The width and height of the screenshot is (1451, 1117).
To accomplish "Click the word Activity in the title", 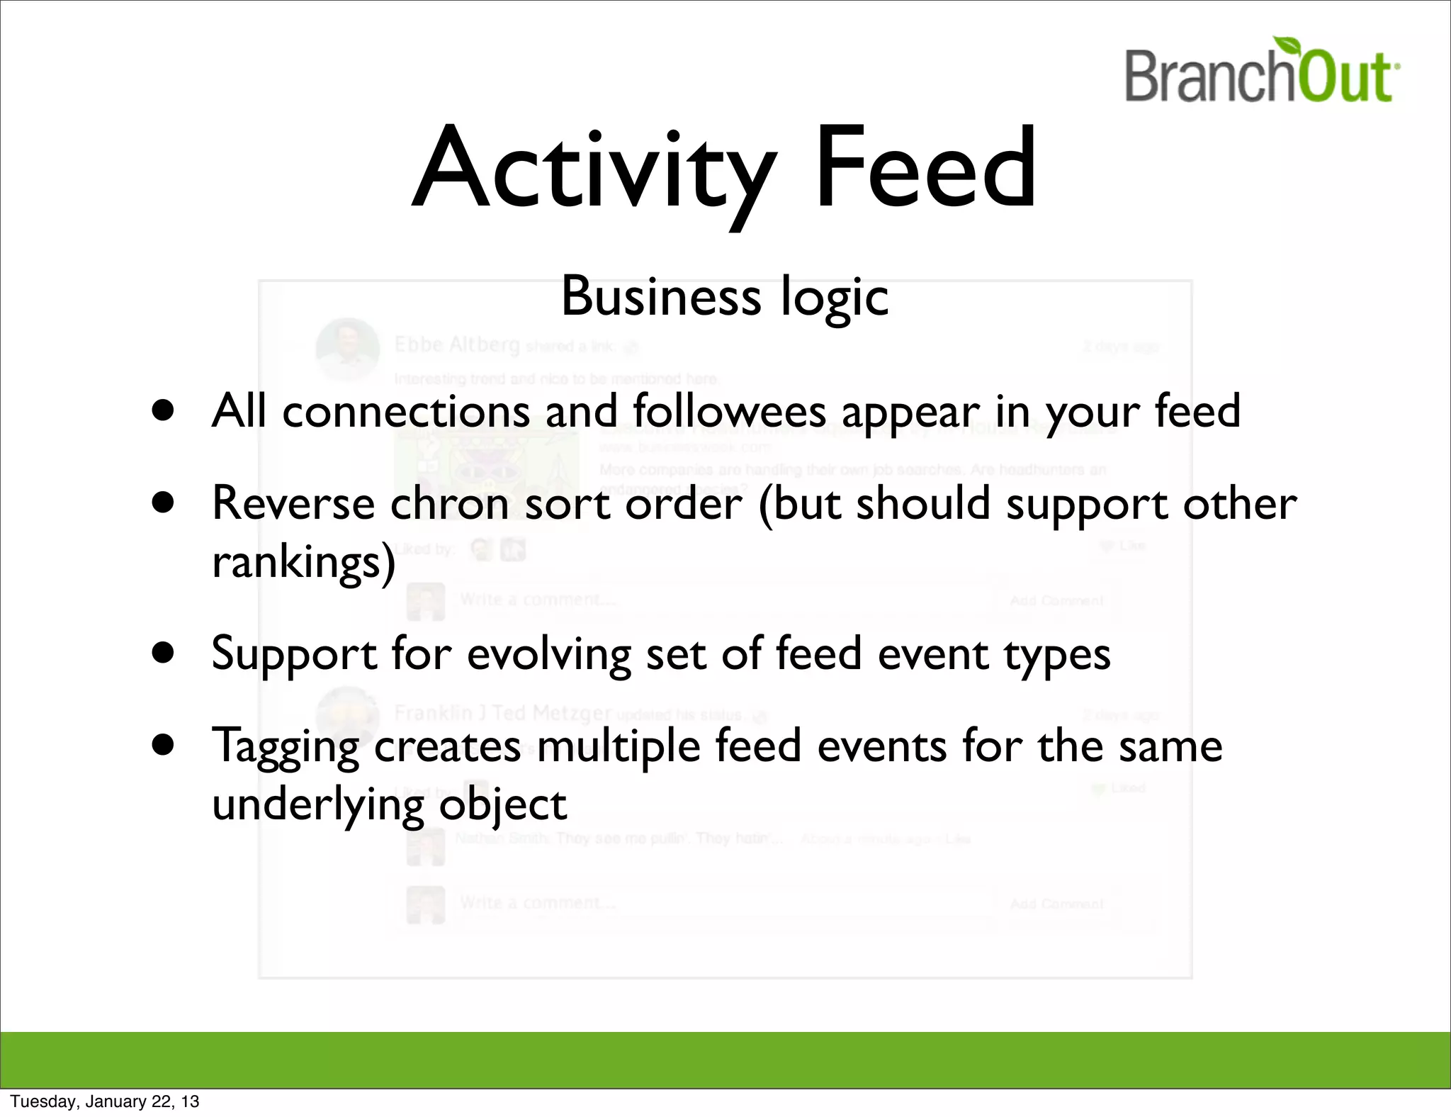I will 592,170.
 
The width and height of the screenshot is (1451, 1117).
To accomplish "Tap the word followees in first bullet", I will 729,410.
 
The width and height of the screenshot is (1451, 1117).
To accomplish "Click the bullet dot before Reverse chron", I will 163,503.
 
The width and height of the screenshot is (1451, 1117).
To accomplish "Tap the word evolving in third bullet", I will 548,654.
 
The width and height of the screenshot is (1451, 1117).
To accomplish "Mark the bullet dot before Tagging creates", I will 163,745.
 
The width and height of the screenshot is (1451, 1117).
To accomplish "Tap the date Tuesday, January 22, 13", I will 105,1101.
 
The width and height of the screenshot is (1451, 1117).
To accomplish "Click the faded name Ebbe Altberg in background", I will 457,344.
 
